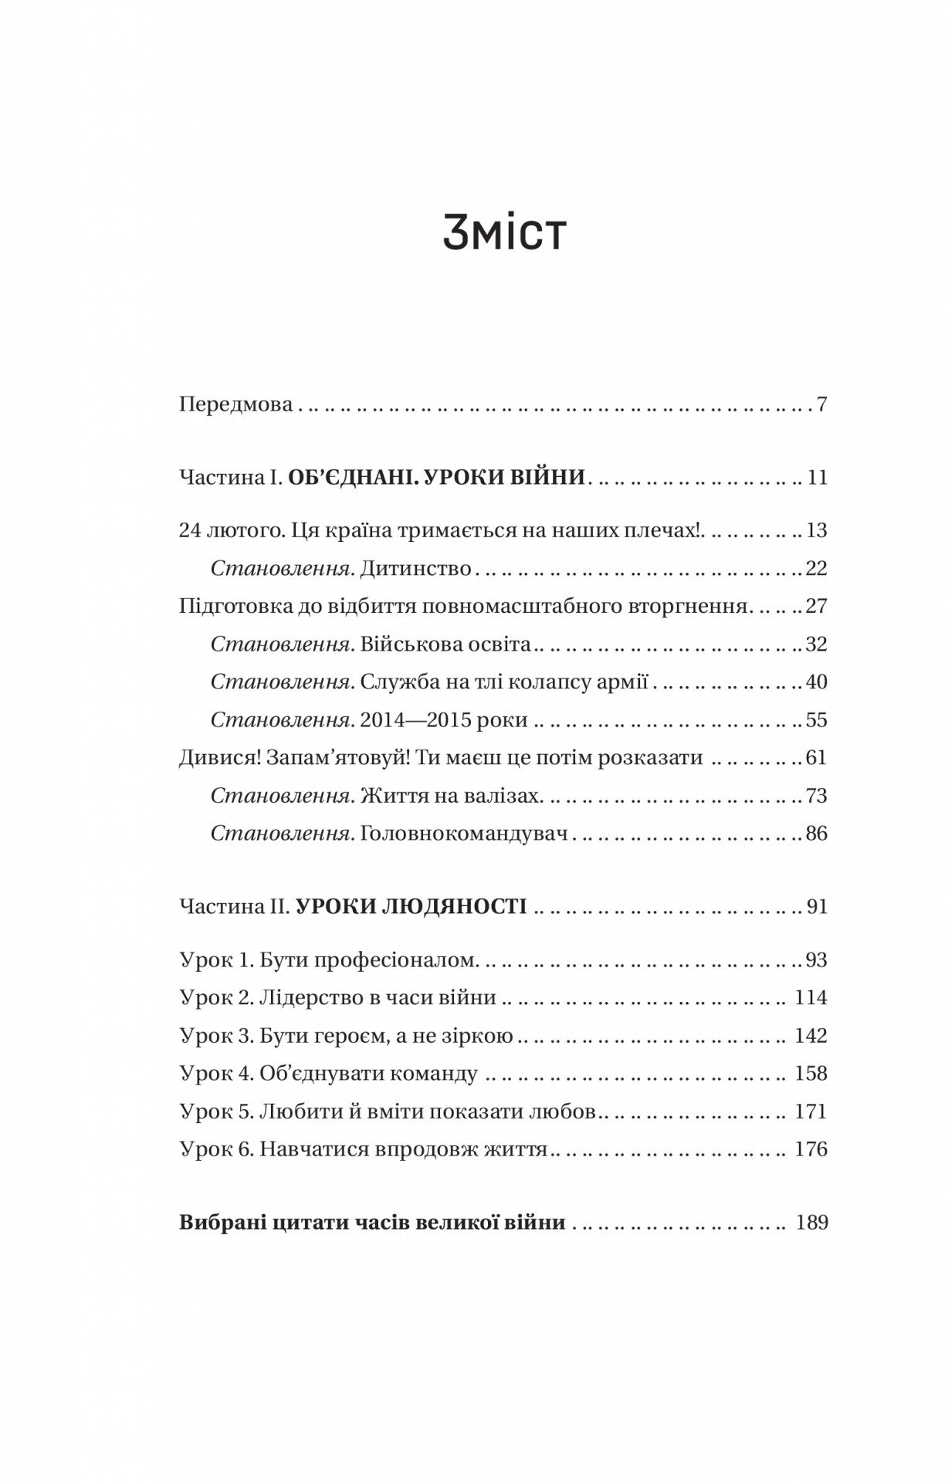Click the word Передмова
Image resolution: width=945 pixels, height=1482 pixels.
tap(235, 404)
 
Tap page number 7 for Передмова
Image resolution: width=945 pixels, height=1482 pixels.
tap(821, 404)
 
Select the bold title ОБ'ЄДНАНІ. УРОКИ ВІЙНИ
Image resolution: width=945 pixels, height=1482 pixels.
tap(436, 478)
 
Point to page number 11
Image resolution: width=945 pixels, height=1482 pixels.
tap(817, 478)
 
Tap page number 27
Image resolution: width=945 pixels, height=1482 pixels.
tap(816, 606)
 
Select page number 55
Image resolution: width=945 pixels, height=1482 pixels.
tap(816, 720)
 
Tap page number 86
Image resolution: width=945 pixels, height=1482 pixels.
tap(816, 834)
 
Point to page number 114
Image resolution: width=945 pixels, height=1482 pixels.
tap(811, 998)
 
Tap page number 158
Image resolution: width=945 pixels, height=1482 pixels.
tap(811, 1074)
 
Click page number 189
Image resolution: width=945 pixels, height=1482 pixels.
tap(811, 1223)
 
